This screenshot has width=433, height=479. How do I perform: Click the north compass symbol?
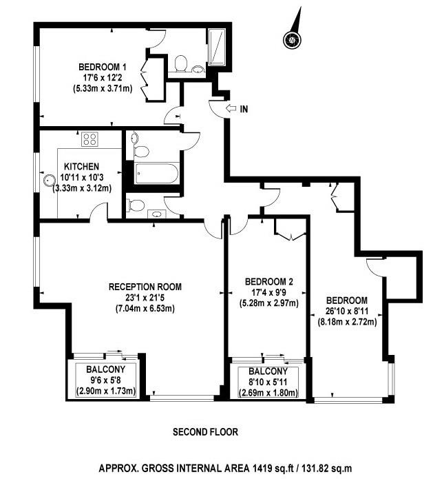coord(293,40)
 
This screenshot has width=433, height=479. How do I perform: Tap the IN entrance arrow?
coord(231,108)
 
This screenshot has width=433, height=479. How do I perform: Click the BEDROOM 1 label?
coord(102,67)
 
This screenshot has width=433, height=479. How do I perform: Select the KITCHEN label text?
coord(81,167)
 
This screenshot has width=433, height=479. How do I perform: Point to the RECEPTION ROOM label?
coord(145,287)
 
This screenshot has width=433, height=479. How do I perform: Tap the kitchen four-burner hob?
coord(89,139)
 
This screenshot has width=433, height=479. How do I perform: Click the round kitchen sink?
coord(48,181)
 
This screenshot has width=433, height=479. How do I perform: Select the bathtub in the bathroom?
coord(156,174)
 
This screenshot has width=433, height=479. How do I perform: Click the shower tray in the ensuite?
coord(217,47)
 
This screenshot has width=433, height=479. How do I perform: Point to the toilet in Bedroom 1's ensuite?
coord(180,63)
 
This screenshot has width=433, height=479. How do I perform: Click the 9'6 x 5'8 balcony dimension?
coord(105,380)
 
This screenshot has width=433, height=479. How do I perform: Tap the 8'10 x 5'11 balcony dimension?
coord(268,382)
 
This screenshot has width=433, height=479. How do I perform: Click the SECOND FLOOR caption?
coord(205,432)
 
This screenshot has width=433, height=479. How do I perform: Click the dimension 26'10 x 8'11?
coord(347,311)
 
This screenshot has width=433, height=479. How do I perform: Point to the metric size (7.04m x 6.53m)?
coord(145,309)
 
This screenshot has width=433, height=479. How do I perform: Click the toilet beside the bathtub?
coord(141,152)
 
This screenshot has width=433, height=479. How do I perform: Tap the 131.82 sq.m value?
coord(328,468)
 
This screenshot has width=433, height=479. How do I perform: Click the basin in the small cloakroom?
coord(157,214)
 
